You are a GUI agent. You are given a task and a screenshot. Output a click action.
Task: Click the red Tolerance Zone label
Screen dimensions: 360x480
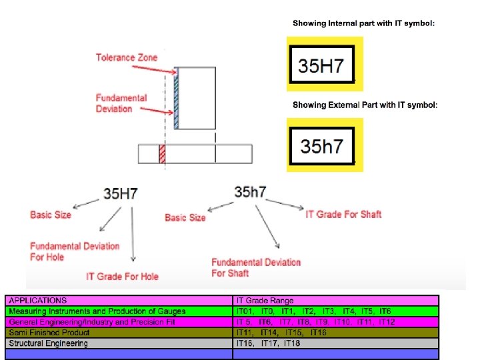point(127,58)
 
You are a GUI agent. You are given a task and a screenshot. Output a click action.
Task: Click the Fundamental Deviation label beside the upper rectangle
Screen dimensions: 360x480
point(121,103)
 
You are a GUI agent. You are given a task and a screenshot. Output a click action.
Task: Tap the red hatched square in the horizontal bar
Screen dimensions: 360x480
point(161,154)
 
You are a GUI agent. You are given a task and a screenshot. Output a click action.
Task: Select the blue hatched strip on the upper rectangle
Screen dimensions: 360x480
point(177,97)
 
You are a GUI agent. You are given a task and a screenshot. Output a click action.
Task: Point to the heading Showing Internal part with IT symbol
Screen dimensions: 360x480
point(363,23)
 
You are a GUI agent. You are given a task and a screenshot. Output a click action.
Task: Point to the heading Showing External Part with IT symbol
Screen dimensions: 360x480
point(365,105)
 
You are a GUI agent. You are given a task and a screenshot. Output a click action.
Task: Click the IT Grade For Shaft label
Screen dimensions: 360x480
point(343,214)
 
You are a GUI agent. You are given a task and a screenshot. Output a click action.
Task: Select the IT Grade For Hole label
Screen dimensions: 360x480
point(122,276)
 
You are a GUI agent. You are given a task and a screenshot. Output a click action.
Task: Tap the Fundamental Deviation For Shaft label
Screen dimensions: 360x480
point(256,267)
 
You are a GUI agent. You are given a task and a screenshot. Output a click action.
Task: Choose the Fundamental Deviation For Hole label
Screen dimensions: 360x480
point(75,251)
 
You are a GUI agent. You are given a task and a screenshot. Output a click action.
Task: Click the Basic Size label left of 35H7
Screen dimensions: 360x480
point(51,215)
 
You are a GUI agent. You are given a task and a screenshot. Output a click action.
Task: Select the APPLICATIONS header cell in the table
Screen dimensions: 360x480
point(38,301)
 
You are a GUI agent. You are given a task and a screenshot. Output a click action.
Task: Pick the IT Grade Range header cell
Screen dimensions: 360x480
point(265,301)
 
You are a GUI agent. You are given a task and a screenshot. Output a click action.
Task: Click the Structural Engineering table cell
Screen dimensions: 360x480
point(48,343)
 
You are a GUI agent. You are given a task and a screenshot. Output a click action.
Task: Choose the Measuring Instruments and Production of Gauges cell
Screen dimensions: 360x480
point(97,311)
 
